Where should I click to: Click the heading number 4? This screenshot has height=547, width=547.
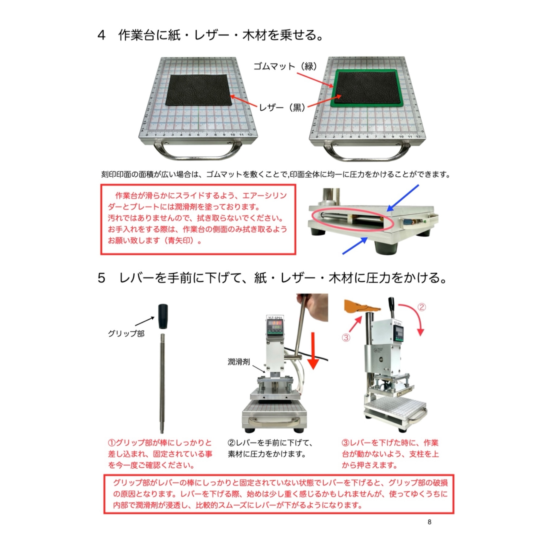pos(101,35)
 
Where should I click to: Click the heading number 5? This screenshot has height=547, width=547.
pos(101,278)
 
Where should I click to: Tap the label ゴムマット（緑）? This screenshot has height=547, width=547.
pos(285,66)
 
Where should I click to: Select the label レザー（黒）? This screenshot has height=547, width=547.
pos(282,107)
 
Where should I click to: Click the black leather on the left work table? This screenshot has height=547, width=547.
pos(198,90)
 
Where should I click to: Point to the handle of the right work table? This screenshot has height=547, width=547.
pos(367,154)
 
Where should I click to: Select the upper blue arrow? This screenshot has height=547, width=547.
pos(403,198)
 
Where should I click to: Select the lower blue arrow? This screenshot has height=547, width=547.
pos(355,246)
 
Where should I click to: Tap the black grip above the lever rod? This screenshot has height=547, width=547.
pos(163,316)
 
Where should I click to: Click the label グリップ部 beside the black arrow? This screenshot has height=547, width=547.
pos(126,333)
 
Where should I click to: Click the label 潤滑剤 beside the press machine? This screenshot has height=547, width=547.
pos(239,362)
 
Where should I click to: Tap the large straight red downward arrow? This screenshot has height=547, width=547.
pos(313,351)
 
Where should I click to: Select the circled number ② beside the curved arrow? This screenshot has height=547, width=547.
pos(421,307)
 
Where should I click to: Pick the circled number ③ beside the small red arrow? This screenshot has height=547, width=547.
pos(346,337)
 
